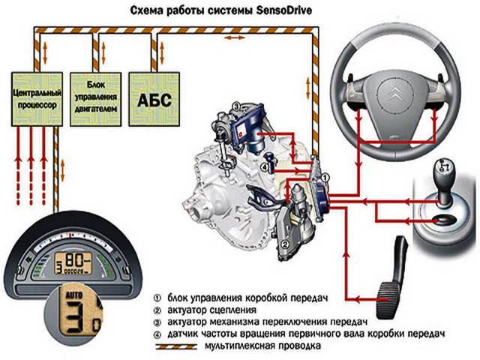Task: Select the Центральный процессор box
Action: click(x=35, y=100)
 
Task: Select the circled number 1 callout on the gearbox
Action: click(x=325, y=177)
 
